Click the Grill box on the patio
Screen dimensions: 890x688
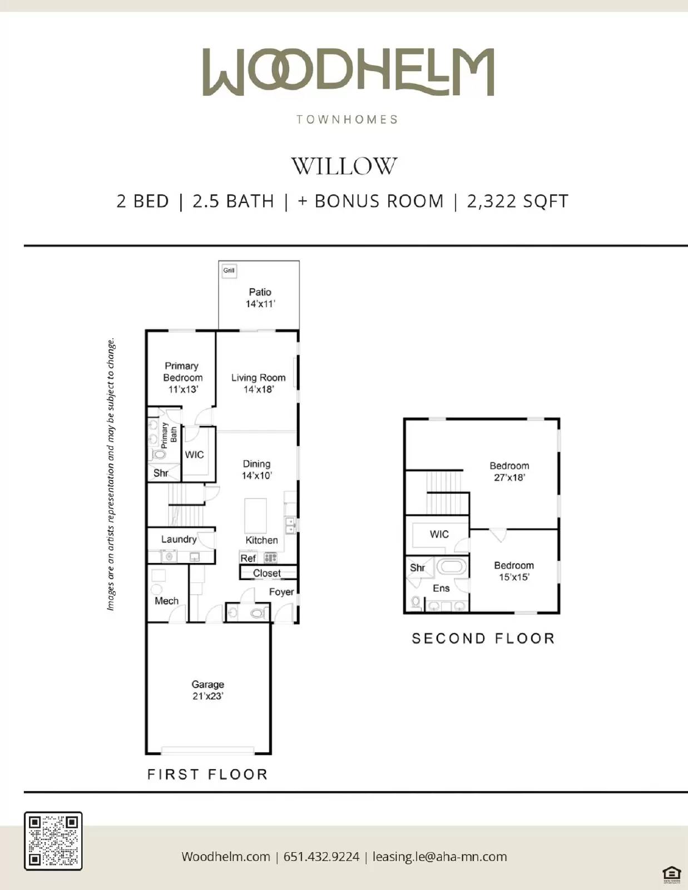click(x=229, y=270)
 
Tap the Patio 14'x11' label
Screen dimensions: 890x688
click(x=260, y=298)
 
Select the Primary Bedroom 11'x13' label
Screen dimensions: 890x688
click(x=182, y=377)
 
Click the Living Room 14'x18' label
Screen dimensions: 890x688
click(x=258, y=383)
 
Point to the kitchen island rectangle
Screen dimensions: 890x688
click(x=255, y=516)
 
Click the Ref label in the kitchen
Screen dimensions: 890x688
click(x=248, y=558)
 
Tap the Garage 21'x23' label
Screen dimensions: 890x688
click(x=207, y=690)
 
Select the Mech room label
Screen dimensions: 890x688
click(x=166, y=601)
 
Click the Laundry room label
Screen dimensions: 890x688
click(x=179, y=539)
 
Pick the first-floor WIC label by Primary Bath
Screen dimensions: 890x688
click(x=194, y=454)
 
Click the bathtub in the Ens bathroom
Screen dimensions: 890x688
click(x=451, y=567)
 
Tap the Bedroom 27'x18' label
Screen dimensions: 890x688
click(x=509, y=471)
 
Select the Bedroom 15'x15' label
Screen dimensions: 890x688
click(x=513, y=571)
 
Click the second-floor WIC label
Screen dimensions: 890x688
click(x=439, y=534)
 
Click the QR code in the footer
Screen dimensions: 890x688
click(x=53, y=840)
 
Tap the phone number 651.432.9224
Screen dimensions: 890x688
click(x=321, y=857)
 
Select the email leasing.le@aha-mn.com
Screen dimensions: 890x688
click(x=439, y=857)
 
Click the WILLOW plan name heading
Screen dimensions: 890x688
click(x=344, y=166)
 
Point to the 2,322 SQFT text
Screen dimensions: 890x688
click(x=517, y=201)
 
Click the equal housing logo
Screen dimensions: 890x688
click(x=672, y=873)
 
